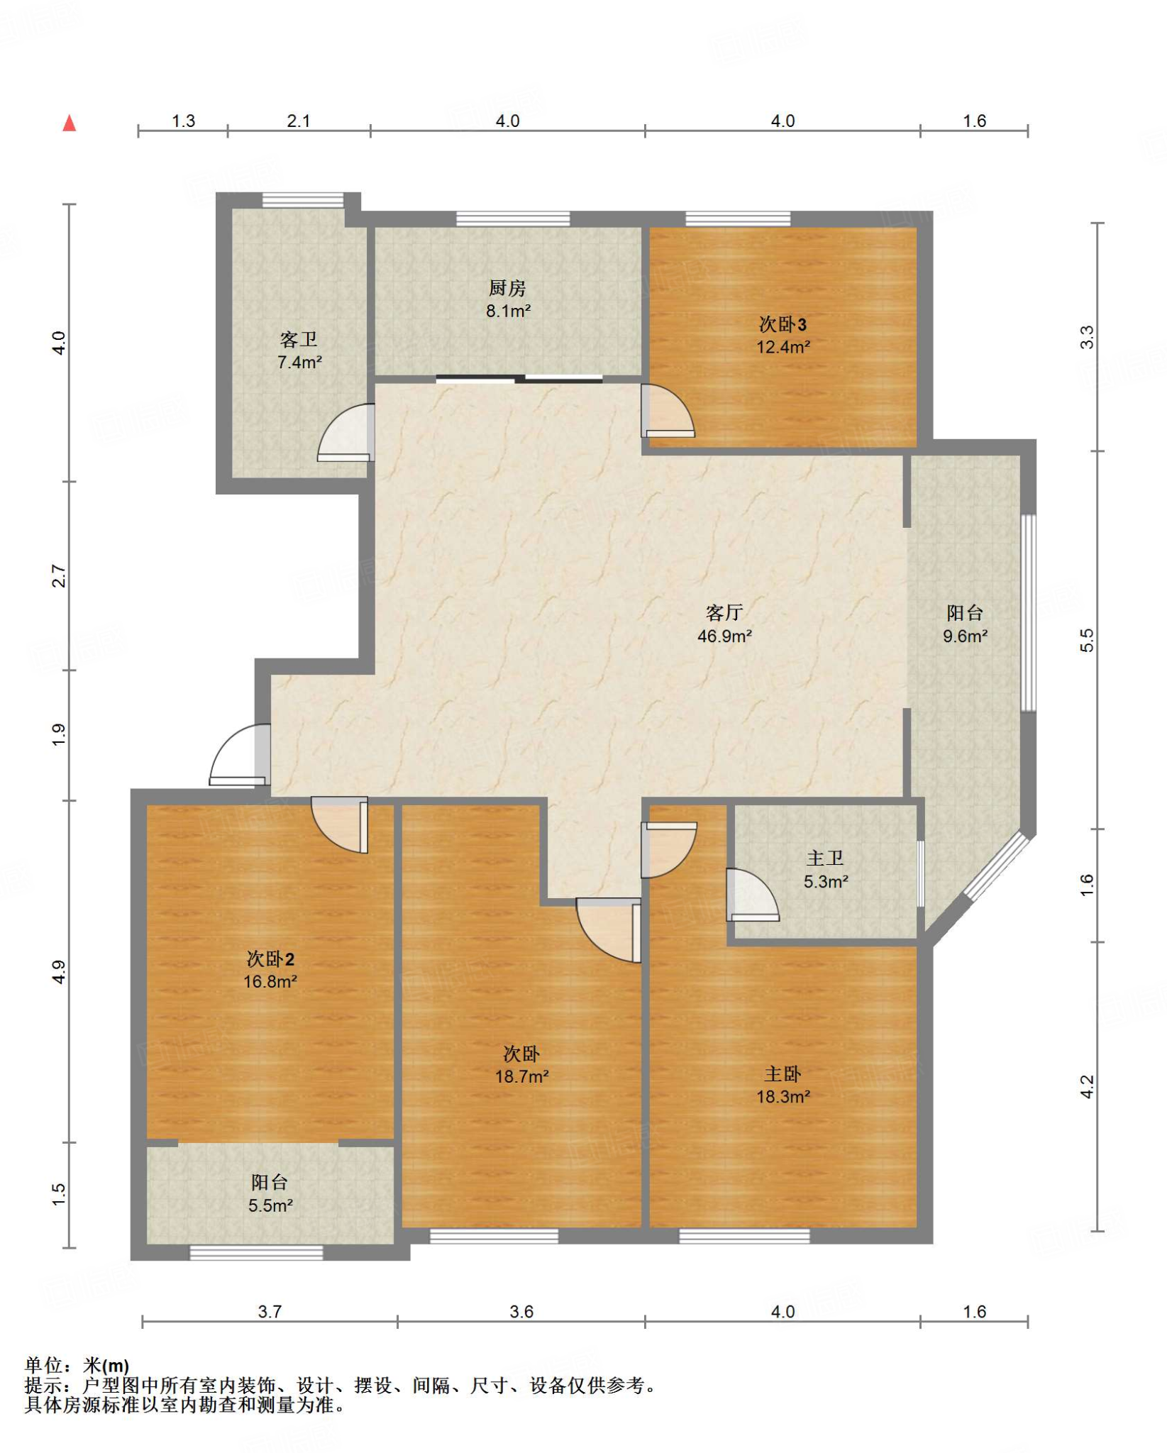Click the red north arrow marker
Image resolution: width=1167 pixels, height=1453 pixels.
pyautogui.click(x=69, y=123)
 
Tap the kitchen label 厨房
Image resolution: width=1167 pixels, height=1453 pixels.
pyautogui.click(x=507, y=288)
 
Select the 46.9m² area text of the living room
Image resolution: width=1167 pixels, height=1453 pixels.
pyautogui.click(x=724, y=636)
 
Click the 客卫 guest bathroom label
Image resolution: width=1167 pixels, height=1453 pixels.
pyautogui.click(x=299, y=340)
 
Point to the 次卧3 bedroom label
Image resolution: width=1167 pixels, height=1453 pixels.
pyautogui.click(x=782, y=324)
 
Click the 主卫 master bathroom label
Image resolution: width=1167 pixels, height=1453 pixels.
pyautogui.click(x=825, y=858)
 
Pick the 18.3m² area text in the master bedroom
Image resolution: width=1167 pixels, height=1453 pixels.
pyautogui.click(x=782, y=1096)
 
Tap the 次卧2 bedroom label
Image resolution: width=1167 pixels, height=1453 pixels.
pyautogui.click(x=270, y=958)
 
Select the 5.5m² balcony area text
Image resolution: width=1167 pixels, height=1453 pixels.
pyautogui.click(x=270, y=1205)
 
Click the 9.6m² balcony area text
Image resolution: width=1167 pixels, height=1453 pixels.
pyautogui.click(x=965, y=636)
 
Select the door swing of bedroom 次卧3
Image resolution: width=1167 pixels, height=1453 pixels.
pyautogui.click(x=668, y=411)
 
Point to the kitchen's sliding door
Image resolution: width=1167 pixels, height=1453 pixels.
pyautogui.click(x=519, y=379)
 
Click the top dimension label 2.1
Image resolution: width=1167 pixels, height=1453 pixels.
pyautogui.click(x=299, y=121)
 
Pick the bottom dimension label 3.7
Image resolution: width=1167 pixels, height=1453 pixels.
pyautogui.click(x=270, y=1311)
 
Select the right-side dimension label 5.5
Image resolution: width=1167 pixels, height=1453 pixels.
pyautogui.click(x=1087, y=640)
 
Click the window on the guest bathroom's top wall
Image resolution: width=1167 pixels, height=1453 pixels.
pyautogui.click(x=303, y=200)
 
